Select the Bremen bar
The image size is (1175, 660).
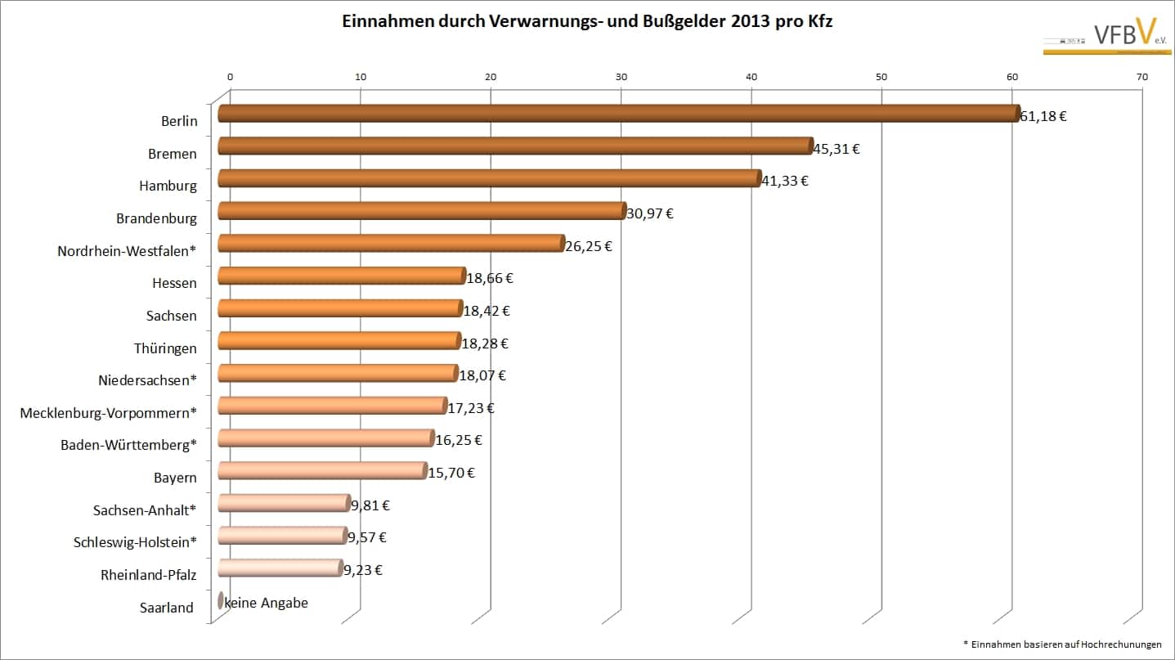pyautogui.click(x=515, y=146)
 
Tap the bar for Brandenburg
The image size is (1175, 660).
pyautogui.click(x=421, y=211)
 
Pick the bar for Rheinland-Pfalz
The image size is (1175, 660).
pyautogui.click(x=280, y=568)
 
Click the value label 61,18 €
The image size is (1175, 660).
pyautogui.click(x=1043, y=116)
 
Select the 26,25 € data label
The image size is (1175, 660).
pyautogui.click(x=589, y=245)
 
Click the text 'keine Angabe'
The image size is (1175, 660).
pyautogui.click(x=267, y=603)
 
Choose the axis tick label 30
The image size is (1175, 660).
pyautogui.click(x=621, y=77)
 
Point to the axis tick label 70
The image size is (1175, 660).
pyautogui.click(x=1142, y=77)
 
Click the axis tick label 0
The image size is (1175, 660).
pyautogui.click(x=231, y=77)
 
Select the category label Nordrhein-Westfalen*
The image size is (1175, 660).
pyautogui.click(x=127, y=251)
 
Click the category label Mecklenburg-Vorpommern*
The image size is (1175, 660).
pyautogui.click(x=108, y=413)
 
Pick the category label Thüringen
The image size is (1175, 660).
pyautogui.click(x=165, y=348)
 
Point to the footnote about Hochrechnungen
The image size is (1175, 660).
pyautogui.click(x=1062, y=644)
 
